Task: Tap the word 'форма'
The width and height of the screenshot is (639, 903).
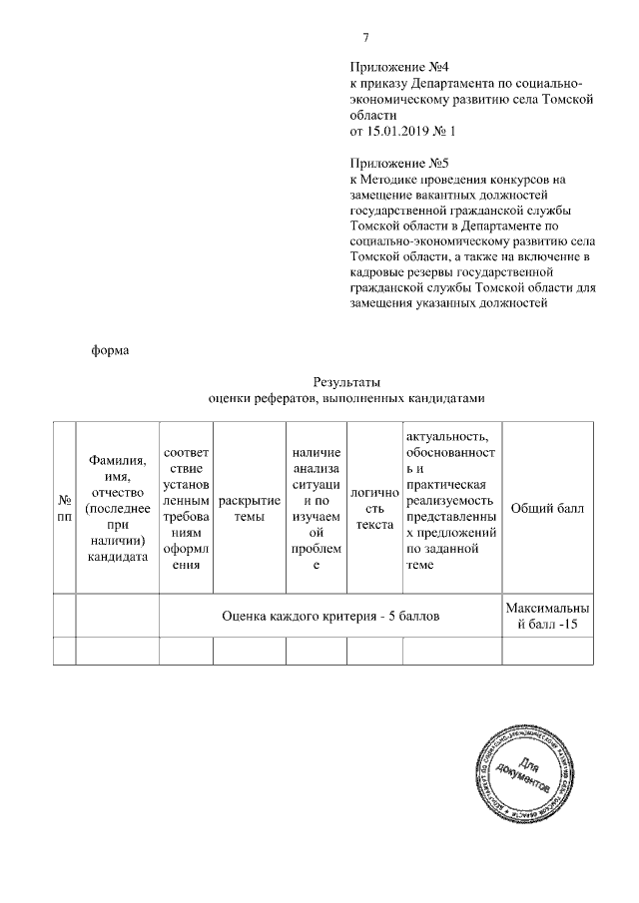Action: click(111, 349)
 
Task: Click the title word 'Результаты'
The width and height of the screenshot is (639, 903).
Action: click(346, 381)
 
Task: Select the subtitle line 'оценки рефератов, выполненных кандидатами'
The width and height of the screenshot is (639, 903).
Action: click(345, 398)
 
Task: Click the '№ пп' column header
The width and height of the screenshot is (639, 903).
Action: click(65, 507)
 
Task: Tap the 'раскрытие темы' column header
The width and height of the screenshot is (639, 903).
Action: click(249, 507)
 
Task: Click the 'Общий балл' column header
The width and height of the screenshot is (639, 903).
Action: click(547, 507)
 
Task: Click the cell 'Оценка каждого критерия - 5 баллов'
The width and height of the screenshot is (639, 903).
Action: click(330, 617)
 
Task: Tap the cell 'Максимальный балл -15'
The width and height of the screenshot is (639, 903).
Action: click(547, 617)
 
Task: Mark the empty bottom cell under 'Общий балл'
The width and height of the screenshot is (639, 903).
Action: click(547, 651)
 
